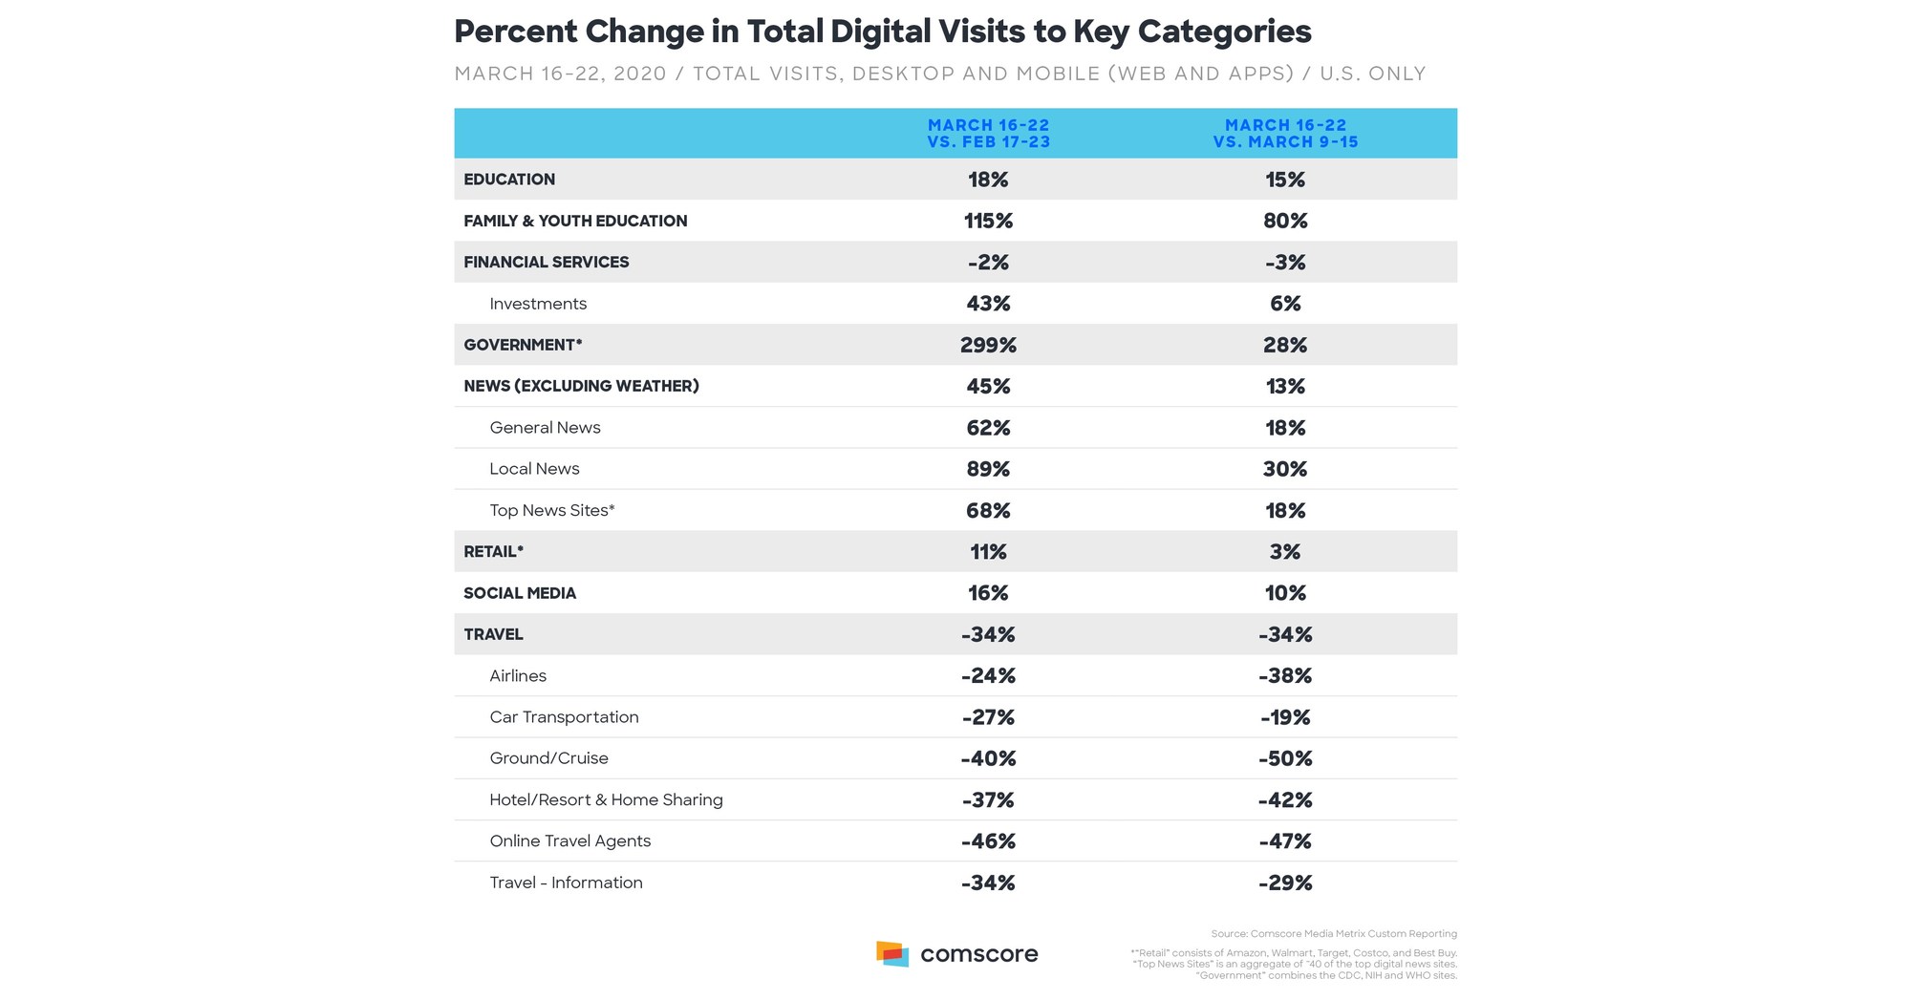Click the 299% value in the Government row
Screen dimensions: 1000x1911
(x=988, y=345)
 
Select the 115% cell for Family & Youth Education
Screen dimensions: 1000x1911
(x=988, y=221)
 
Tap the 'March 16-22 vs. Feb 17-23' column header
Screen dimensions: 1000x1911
(x=988, y=134)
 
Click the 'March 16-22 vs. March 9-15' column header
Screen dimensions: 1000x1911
(x=1285, y=134)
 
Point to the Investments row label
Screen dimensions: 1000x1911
(x=538, y=304)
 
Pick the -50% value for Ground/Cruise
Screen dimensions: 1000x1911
(x=1285, y=758)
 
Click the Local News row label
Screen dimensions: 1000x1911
(x=534, y=469)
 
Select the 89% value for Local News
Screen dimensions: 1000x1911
(x=988, y=469)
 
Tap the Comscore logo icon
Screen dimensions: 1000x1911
(x=891, y=953)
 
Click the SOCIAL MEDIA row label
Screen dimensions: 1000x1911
(x=520, y=593)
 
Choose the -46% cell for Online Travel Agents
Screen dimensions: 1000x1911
(x=988, y=841)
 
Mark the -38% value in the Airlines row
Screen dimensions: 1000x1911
(x=1285, y=676)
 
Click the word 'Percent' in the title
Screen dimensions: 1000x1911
(x=516, y=32)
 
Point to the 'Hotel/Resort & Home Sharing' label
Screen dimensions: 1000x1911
(x=606, y=800)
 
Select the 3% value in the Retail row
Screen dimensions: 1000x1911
(x=1285, y=552)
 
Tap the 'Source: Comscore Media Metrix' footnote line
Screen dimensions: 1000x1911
(x=1333, y=934)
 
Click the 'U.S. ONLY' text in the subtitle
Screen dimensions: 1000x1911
(x=1372, y=74)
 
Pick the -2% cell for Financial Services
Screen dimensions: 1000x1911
(x=988, y=263)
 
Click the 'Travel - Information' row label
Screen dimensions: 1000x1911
(x=566, y=883)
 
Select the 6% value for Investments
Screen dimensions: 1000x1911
(x=1285, y=304)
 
